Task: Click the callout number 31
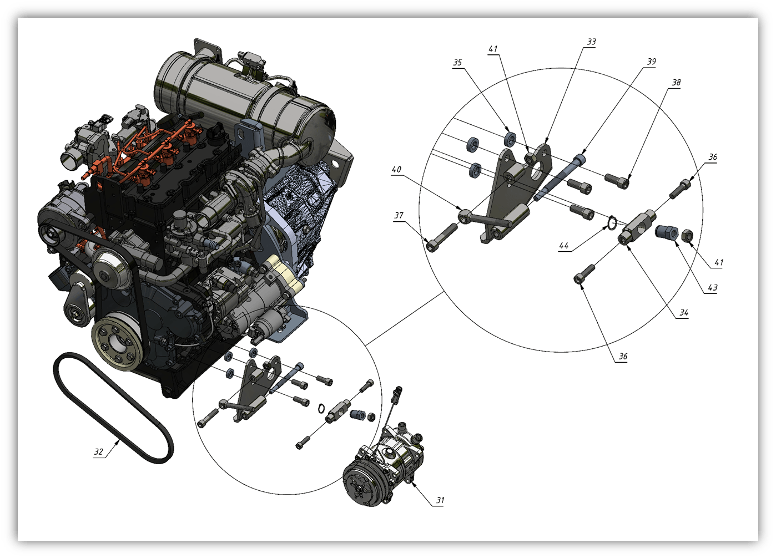tap(440, 500)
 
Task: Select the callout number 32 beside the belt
tap(99, 451)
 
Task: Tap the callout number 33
tap(591, 42)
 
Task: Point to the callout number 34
tap(683, 313)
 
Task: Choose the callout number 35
tap(457, 62)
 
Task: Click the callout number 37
tap(399, 215)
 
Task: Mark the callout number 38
tap(676, 83)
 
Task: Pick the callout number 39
tap(651, 61)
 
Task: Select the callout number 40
tap(396, 169)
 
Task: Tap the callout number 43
tap(712, 288)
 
